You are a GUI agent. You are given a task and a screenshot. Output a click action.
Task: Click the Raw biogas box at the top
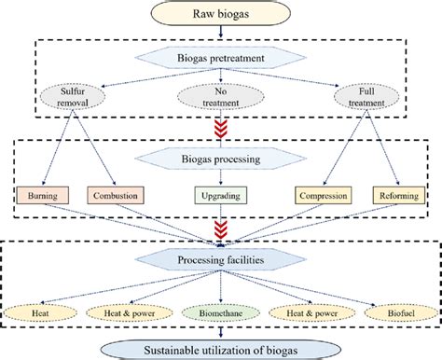[221, 15]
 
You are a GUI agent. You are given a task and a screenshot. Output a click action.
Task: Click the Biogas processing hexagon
[221, 159]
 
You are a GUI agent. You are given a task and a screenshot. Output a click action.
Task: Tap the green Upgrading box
[221, 198]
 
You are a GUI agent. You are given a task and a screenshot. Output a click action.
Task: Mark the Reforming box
[399, 198]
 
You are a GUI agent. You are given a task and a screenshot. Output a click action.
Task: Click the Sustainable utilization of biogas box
[221, 349]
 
